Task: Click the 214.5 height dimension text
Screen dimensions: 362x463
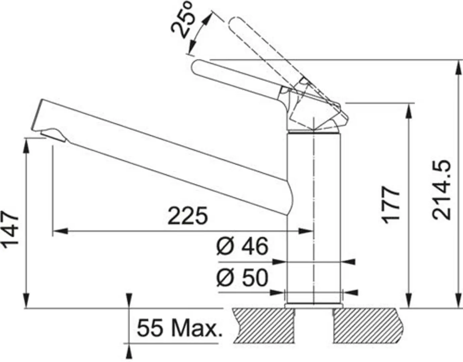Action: pos(442,190)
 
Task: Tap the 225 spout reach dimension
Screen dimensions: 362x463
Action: pos(188,216)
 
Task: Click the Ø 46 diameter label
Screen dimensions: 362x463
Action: pos(242,246)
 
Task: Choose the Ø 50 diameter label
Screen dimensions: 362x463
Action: pos(242,278)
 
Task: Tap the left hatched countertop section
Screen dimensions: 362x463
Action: pos(263,325)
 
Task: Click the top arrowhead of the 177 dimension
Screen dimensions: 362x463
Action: pos(409,109)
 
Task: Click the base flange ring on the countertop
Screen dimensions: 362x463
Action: pos(313,306)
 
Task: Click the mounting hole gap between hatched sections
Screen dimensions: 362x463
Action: pos(314,325)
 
